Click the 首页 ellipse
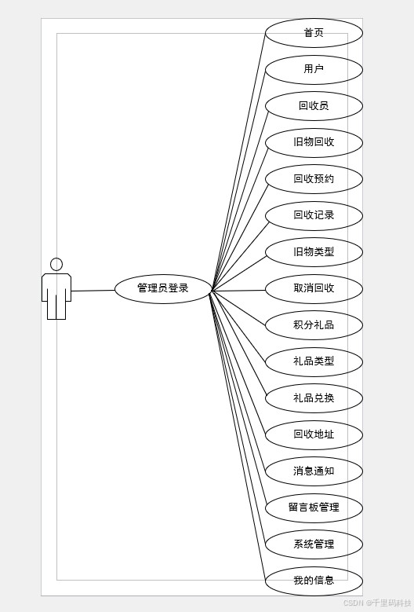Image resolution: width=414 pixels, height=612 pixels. [314, 33]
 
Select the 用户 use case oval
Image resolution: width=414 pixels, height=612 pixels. [314, 70]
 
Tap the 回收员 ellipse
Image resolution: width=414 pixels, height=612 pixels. [314, 106]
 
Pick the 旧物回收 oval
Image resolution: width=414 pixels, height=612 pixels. [314, 143]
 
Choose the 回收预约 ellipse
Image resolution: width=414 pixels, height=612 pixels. [314, 179]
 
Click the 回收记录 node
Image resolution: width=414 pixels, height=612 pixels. [314, 216]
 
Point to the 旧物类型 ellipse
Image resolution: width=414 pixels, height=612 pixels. [314, 252]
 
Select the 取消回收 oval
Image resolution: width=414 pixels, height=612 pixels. [314, 289]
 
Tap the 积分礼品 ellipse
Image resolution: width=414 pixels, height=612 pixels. [314, 325]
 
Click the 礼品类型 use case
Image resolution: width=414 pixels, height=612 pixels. [314, 362]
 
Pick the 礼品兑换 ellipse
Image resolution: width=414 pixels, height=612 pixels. [314, 398]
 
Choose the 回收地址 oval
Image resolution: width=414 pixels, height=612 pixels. [314, 434]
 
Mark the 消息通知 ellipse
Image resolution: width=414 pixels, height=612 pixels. [314, 471]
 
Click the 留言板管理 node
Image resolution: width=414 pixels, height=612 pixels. [314, 508]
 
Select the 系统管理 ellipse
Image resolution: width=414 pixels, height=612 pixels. [314, 544]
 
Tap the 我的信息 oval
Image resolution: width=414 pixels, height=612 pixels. [314, 581]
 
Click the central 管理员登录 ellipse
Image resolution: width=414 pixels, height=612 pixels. [163, 289]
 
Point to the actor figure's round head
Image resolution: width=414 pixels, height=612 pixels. [56, 264]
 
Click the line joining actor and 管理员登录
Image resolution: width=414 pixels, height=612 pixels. [93, 291]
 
